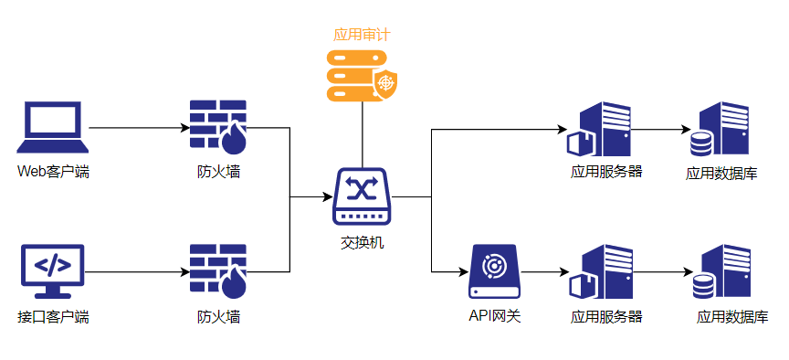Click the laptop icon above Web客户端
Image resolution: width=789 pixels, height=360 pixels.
[53, 127]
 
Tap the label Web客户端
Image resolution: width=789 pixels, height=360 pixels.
[53, 172]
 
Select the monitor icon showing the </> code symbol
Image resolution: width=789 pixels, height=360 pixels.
[53, 270]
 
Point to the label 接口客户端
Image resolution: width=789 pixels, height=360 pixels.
[53, 317]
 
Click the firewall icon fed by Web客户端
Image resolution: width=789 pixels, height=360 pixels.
[218, 127]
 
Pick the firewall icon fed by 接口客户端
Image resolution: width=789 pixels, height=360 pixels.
[218, 270]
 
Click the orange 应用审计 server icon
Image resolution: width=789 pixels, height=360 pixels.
[362, 75]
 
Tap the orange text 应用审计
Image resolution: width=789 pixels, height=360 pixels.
[362, 35]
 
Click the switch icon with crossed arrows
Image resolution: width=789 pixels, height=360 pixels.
[362, 196]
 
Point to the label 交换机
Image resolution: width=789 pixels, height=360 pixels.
[362, 243]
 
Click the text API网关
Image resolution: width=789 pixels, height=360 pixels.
[495, 316]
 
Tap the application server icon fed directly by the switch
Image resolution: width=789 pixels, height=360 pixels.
[599, 129]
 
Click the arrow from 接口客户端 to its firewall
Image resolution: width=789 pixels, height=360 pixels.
[137, 272]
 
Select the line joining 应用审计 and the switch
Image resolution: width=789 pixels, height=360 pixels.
[362, 134]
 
